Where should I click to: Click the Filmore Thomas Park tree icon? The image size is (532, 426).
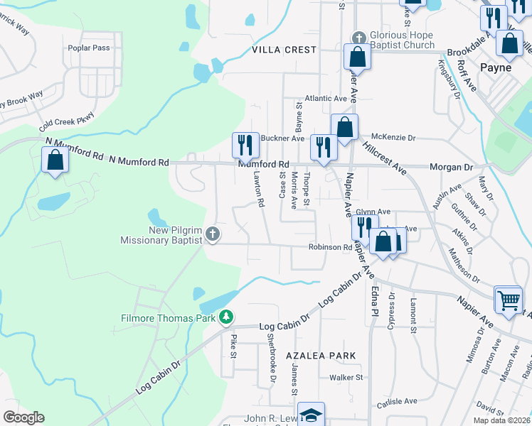click(x=226, y=316)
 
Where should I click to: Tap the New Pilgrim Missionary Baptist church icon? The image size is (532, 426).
click(x=213, y=234)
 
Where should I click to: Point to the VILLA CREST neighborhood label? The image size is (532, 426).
click(x=284, y=50)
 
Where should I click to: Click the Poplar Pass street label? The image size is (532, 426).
click(x=89, y=48)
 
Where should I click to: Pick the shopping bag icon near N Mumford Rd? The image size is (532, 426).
click(x=55, y=160)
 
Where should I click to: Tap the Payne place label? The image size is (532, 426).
click(x=496, y=67)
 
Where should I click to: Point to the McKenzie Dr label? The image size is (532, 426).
click(x=393, y=138)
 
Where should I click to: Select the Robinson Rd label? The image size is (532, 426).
click(x=331, y=247)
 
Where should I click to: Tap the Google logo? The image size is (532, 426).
click(x=23, y=417)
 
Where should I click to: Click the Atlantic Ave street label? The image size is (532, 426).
click(x=325, y=99)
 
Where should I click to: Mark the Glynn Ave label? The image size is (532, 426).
click(x=373, y=212)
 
